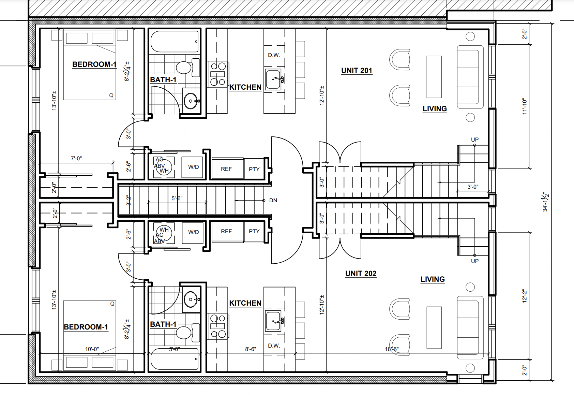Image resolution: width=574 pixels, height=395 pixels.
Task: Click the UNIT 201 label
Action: click(357, 71)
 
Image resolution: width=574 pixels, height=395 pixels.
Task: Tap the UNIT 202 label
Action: click(361, 274)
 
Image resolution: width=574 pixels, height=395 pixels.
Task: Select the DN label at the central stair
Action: click(273, 200)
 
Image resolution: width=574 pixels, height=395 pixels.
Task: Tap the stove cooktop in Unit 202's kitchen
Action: click(217, 326)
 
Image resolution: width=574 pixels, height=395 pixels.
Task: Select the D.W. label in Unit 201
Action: click(274, 55)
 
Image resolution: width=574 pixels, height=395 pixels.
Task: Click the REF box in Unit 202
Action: click(228, 232)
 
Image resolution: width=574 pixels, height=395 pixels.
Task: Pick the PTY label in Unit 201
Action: click(254, 169)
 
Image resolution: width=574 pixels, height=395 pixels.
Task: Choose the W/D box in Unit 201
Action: click(194, 167)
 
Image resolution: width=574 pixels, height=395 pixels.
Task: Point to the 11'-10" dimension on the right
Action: click(525, 106)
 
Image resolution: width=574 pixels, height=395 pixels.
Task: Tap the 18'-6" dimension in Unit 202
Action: click(392, 349)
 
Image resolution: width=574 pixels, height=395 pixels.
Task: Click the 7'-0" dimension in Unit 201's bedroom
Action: click(76, 159)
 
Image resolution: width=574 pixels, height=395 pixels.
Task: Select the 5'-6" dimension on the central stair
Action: click(177, 199)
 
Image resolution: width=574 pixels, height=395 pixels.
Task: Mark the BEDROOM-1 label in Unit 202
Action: click(86, 327)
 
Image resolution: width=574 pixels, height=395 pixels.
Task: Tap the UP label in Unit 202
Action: click(474, 261)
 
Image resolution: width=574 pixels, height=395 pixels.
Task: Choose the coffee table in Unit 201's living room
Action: click(434, 77)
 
